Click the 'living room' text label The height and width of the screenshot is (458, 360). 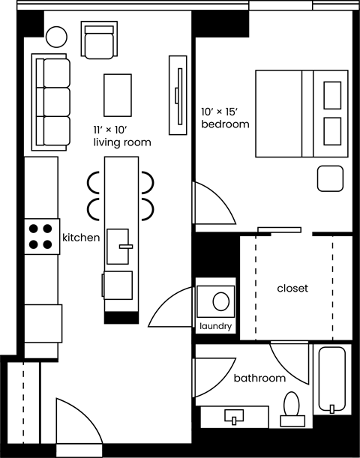[121, 142]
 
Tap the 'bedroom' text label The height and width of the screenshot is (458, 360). [225, 124]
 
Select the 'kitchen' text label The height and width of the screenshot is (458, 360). [81, 238]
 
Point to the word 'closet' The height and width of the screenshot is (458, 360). [292, 288]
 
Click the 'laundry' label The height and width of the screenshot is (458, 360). [216, 326]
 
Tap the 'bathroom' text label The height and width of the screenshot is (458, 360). [259, 379]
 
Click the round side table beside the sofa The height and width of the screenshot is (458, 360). [56, 36]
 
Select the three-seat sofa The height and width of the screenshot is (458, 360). [49, 100]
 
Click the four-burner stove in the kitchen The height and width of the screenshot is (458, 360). [42, 236]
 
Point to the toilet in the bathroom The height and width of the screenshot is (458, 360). [291, 406]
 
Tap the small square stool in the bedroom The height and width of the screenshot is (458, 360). [330, 179]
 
